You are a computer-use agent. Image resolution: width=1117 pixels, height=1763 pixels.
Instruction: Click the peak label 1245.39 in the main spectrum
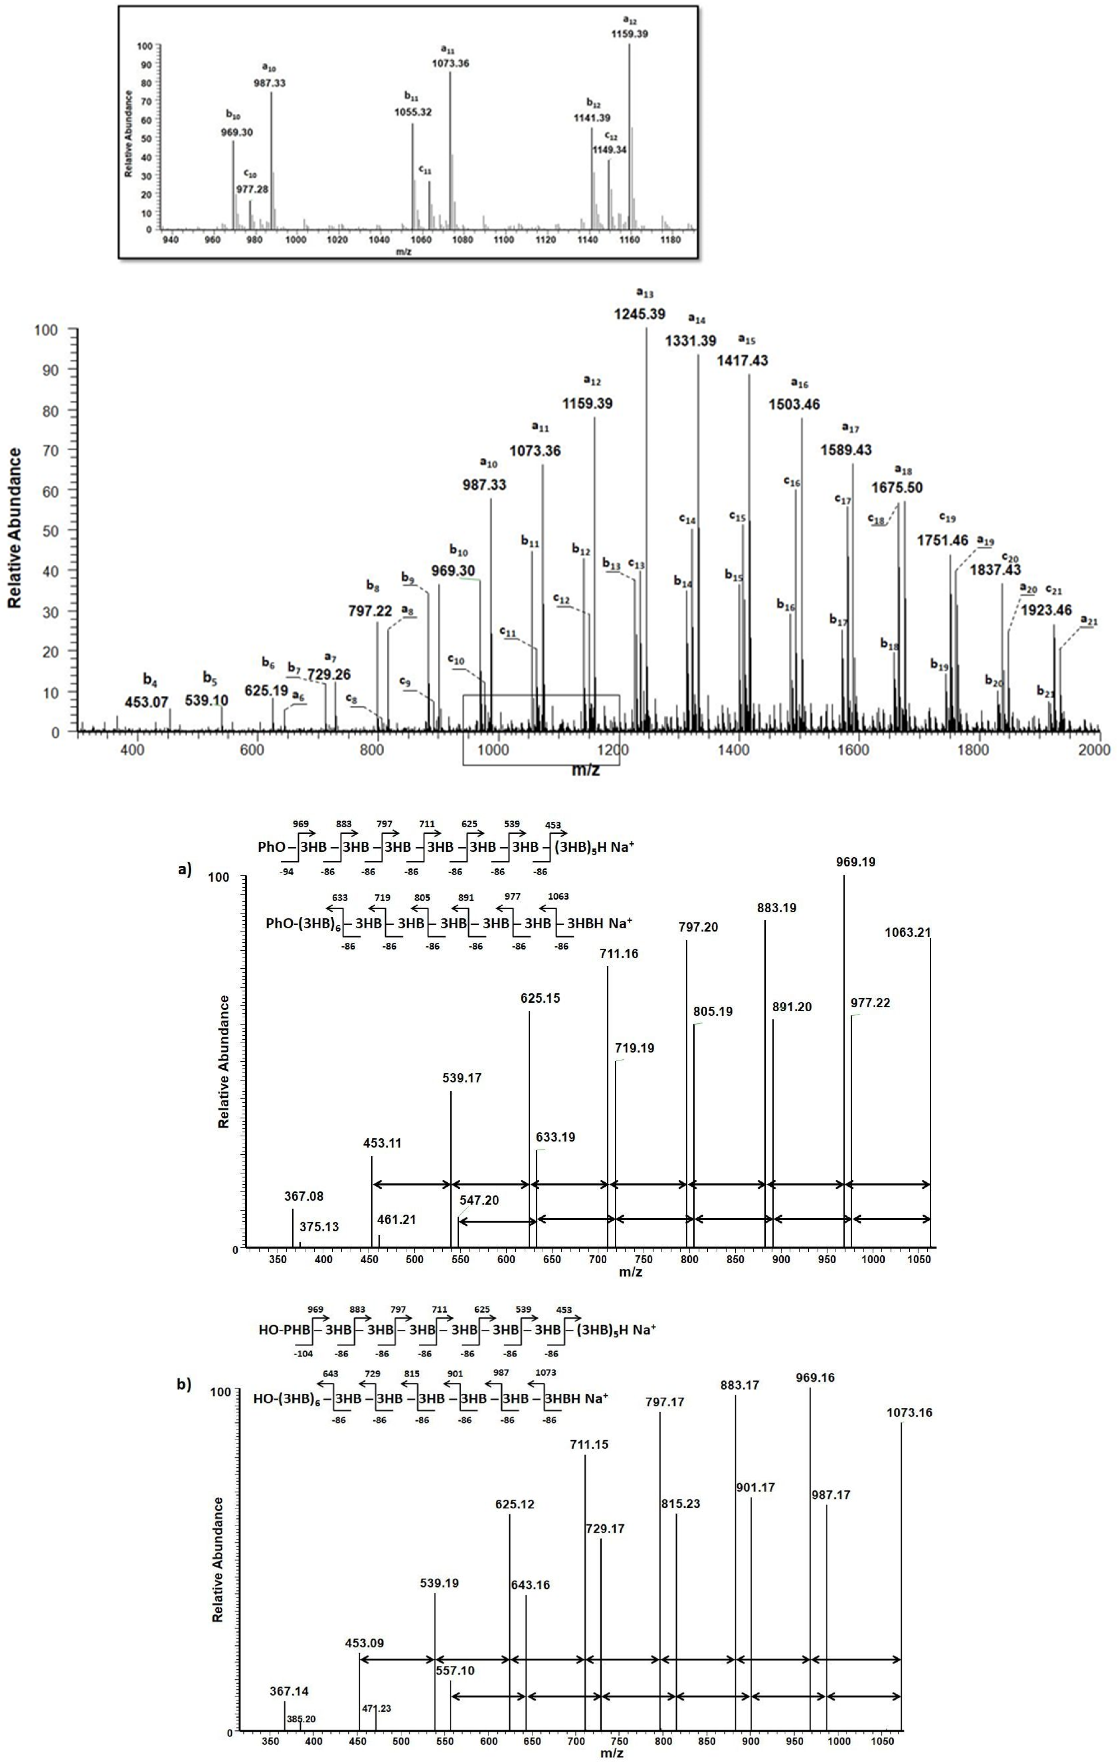tap(640, 314)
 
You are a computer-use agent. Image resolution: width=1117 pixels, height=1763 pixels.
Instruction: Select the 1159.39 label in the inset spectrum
tap(629, 34)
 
